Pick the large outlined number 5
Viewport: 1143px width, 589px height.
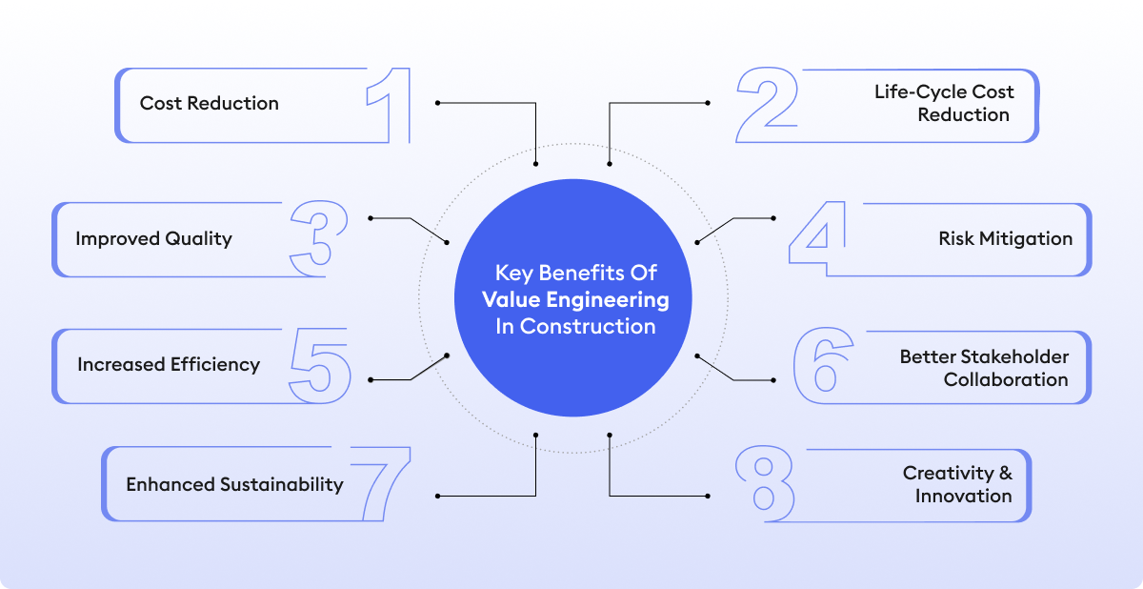coord(319,365)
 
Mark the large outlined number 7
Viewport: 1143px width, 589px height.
coord(380,484)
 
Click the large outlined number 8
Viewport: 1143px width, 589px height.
coord(765,484)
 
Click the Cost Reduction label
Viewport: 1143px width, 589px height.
coord(210,103)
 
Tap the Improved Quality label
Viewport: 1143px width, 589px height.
coord(153,238)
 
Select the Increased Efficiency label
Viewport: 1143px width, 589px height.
coord(169,364)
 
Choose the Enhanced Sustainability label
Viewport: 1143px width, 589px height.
coord(234,484)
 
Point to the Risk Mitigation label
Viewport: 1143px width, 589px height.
coord(1005,238)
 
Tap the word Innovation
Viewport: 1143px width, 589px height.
coord(963,496)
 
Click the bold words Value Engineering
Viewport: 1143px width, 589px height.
coord(575,299)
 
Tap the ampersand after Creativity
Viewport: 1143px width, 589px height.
coord(1006,473)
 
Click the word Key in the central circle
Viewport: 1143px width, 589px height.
coord(514,273)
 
